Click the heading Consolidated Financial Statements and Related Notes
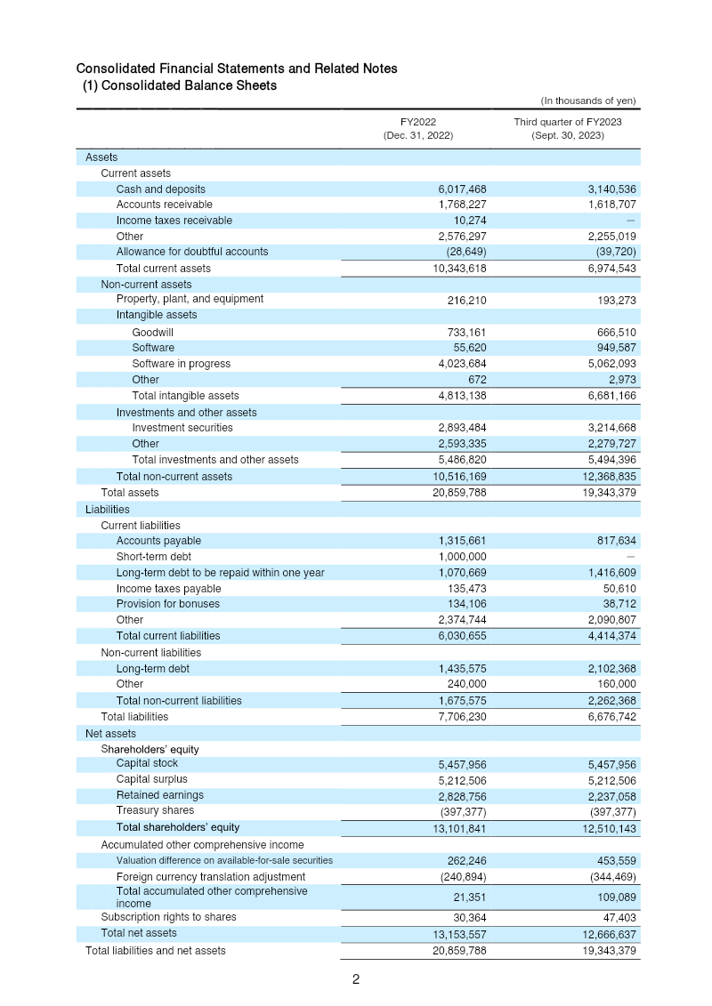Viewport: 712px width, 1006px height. (237, 68)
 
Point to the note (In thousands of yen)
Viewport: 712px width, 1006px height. (588, 101)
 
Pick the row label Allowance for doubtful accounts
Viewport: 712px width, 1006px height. (191, 252)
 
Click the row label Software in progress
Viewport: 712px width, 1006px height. (181, 364)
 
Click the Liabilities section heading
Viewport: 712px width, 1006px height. (108, 510)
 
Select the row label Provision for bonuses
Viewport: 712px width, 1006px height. (167, 604)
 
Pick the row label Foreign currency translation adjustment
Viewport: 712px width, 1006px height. (210, 877)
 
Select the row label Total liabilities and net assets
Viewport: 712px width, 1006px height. (155, 951)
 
